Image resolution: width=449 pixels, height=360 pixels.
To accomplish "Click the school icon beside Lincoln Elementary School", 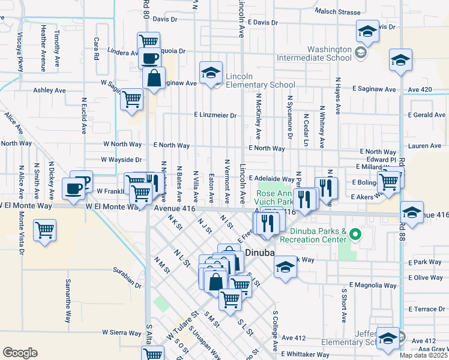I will (x=211, y=73).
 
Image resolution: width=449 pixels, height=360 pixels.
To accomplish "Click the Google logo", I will (x=19, y=352).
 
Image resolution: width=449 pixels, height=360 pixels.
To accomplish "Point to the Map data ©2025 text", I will (x=424, y=355).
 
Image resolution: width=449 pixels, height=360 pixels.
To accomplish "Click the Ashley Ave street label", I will (x=49, y=91).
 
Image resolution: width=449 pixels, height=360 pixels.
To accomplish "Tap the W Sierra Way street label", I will (x=121, y=332).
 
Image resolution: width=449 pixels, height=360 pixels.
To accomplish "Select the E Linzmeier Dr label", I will (x=215, y=115).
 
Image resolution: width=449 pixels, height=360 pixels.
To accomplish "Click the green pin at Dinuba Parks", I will (x=355, y=233).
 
